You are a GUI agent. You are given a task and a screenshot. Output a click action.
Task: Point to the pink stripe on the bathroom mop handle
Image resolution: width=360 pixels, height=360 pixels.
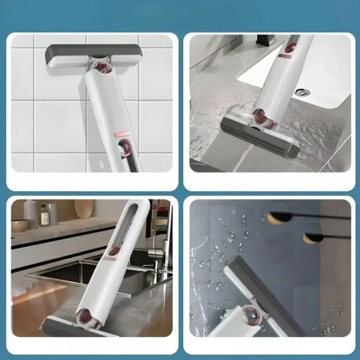point(285,56)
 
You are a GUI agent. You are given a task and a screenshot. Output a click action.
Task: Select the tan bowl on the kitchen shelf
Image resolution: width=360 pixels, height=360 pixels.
point(19,225)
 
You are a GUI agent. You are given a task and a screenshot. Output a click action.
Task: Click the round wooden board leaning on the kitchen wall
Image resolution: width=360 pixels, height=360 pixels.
point(83,208)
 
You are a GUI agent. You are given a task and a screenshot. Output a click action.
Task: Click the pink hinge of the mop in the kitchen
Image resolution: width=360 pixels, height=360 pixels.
point(82,313)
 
